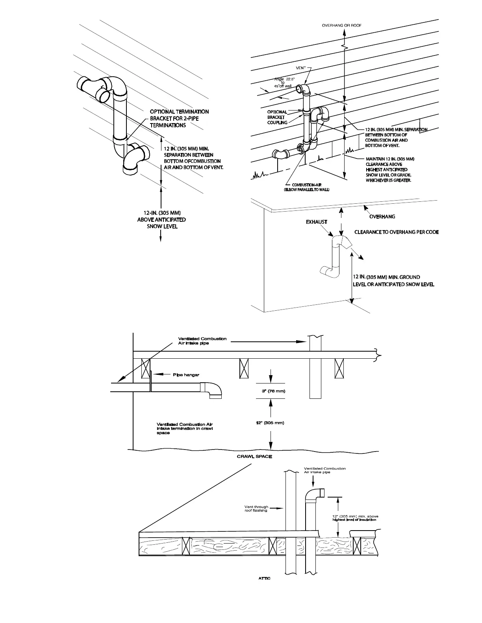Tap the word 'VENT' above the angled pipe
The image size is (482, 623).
(300, 68)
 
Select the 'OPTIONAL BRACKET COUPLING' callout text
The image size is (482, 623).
(277, 117)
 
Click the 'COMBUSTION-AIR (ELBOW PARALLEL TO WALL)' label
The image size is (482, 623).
(307, 187)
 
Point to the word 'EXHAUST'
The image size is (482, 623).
(317, 222)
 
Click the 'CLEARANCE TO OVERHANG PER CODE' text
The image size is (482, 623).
(397, 232)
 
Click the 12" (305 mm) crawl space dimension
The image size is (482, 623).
(270, 423)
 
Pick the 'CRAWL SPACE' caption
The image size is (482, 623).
(254, 457)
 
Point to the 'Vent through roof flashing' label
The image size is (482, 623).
(256, 509)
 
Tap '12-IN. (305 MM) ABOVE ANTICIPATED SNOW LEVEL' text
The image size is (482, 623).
(162, 219)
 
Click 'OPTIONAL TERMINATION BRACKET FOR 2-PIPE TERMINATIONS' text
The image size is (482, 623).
(179, 118)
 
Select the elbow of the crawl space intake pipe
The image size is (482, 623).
(213, 390)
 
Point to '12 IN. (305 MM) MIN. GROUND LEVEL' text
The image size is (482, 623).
(393, 280)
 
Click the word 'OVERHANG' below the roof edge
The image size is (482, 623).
(382, 216)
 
